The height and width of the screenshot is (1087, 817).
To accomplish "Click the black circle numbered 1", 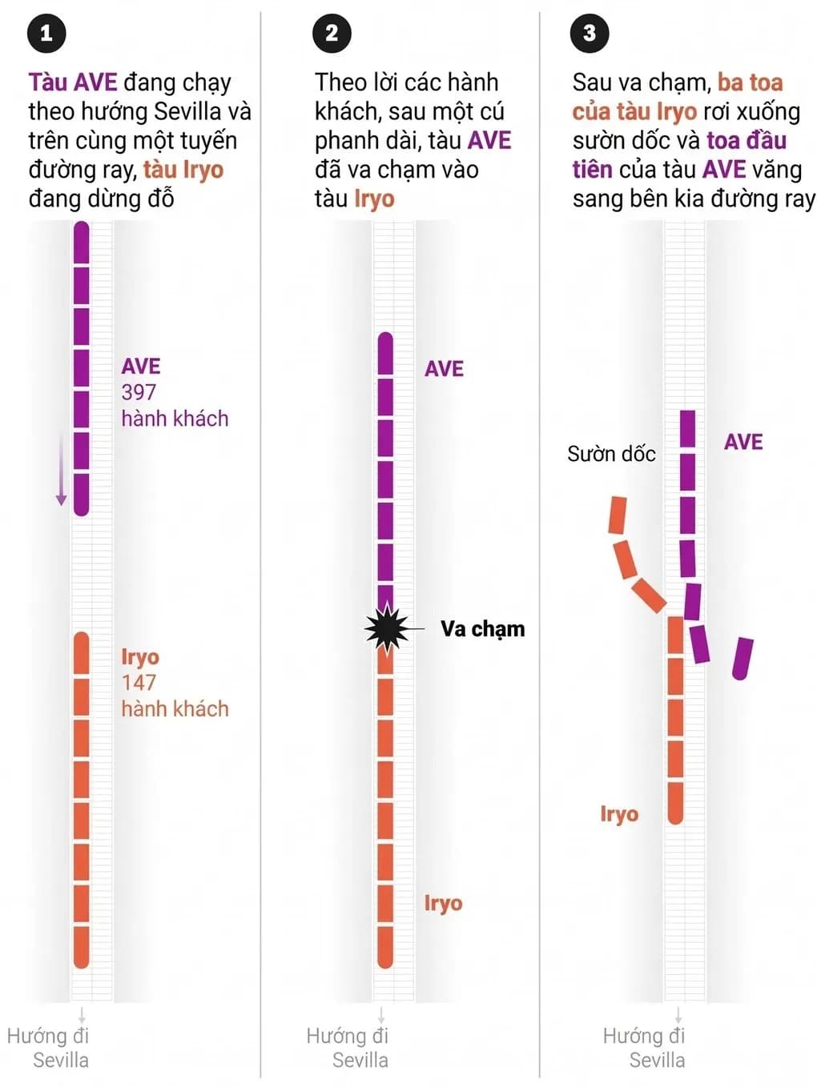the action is tap(46, 33).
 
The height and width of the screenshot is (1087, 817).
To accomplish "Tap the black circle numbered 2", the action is tap(332, 33).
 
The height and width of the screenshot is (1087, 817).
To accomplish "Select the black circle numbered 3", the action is tap(590, 33).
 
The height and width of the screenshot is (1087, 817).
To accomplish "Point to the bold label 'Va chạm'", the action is tap(482, 629).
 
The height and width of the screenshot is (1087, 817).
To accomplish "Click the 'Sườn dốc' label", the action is tap(611, 454).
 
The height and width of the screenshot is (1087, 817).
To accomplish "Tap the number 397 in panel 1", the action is tap(139, 393).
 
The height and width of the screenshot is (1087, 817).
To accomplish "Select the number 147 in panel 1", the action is tap(139, 683).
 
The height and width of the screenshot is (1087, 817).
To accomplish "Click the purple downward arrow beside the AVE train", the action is tap(62, 470).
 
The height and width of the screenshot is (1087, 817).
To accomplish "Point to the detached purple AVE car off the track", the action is tap(743, 659).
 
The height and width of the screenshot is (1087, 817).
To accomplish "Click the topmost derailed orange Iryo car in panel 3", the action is tap(618, 515).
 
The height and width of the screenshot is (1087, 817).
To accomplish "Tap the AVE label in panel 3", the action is tap(743, 442).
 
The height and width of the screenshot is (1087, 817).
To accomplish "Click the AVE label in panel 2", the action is tap(444, 369).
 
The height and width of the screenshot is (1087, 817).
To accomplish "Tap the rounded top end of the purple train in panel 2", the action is tap(385, 339).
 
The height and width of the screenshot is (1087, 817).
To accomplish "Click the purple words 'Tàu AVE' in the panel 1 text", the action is tap(73, 82).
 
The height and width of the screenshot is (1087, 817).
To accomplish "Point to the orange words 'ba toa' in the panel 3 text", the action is tap(750, 82).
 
